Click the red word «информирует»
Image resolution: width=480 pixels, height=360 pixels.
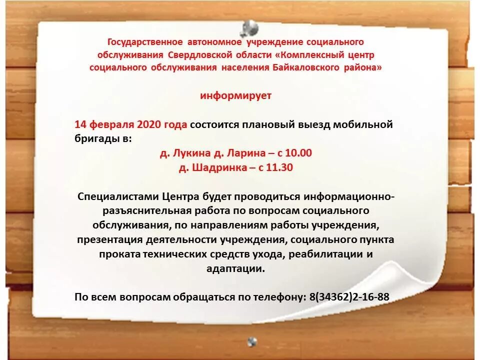coord(236,95)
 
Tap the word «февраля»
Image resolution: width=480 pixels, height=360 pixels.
coord(109,124)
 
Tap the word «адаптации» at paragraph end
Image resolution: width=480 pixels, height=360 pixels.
coord(235,268)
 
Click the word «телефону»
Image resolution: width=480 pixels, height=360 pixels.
coord(278,296)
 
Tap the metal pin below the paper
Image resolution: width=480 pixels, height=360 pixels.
coord(252,341)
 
